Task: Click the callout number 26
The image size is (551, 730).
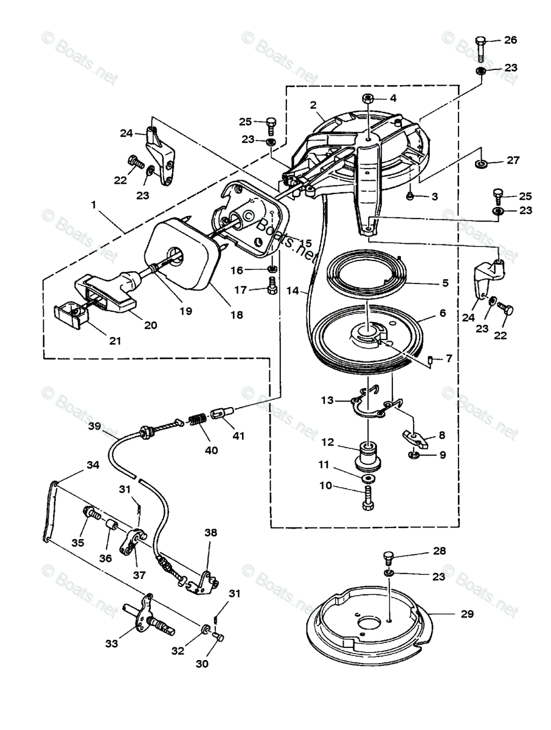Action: point(510,40)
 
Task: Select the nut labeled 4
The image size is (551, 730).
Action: point(367,99)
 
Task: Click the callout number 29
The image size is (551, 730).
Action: point(467,614)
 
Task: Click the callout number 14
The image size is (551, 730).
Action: point(293,291)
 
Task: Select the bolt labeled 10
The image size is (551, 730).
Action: point(369,501)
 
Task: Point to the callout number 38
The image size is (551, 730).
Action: point(210,532)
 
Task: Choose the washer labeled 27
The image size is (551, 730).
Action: point(480,164)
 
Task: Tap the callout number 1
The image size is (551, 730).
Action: point(94,204)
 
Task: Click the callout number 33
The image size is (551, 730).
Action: point(112,643)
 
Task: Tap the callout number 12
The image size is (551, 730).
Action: point(327,442)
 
